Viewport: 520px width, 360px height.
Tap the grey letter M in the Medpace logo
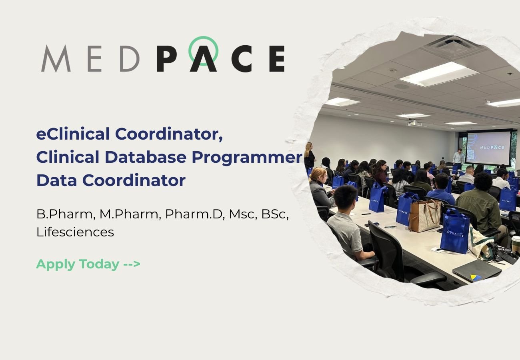click(55, 59)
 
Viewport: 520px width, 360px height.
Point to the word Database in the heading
click(145, 157)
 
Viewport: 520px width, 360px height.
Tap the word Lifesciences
click(75, 232)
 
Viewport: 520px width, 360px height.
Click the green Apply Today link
click(78, 264)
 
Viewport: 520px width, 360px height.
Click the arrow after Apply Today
click(132, 264)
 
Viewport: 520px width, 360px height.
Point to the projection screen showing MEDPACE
click(488, 147)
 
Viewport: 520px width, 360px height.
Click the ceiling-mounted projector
click(414, 124)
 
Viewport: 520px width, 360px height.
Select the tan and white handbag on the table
click(424, 216)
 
